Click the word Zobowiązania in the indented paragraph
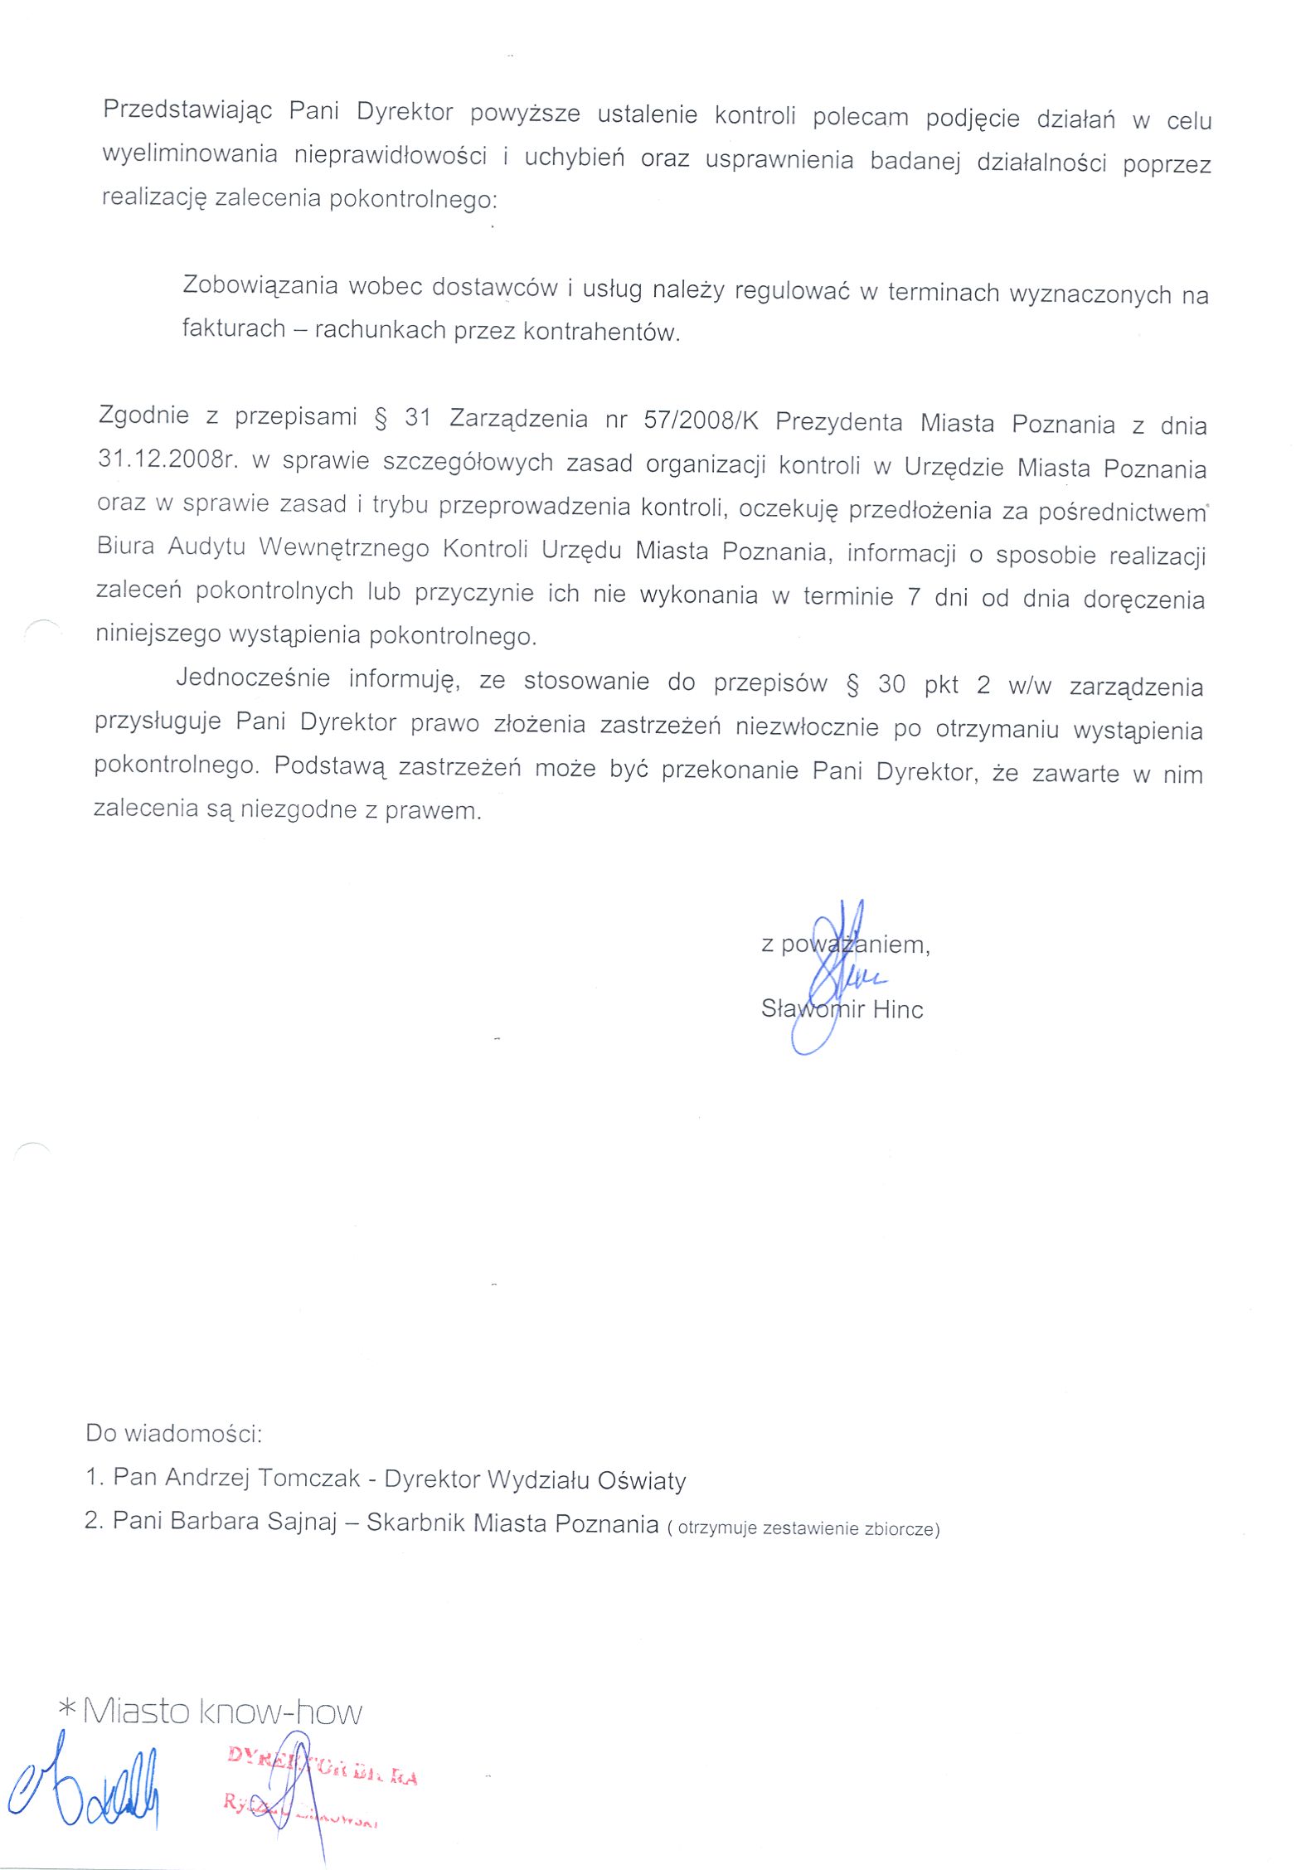260,285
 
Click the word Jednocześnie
253,678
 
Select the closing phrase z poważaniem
845,945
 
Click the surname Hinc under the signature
897,1009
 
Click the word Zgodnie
143,415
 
